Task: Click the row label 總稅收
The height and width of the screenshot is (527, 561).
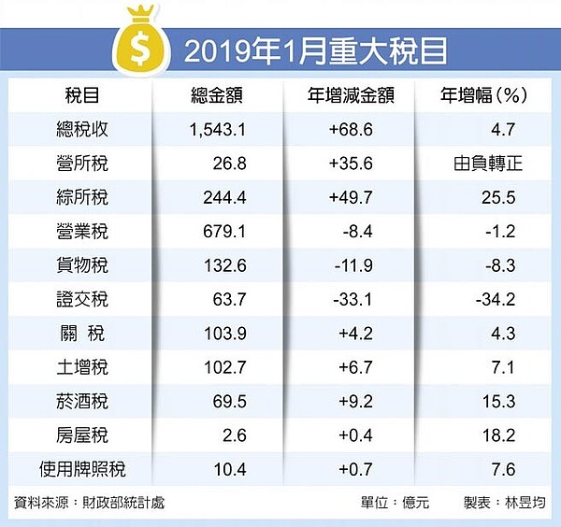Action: pos(87,130)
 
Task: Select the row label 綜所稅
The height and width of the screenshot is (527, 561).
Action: pos(87,198)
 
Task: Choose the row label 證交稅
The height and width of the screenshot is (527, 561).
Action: pos(87,300)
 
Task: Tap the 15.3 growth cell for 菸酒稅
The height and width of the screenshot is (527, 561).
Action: pos(496,402)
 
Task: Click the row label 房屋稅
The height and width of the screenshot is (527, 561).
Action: pos(87,435)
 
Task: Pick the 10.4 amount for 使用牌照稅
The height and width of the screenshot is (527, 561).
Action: pos(228,469)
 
